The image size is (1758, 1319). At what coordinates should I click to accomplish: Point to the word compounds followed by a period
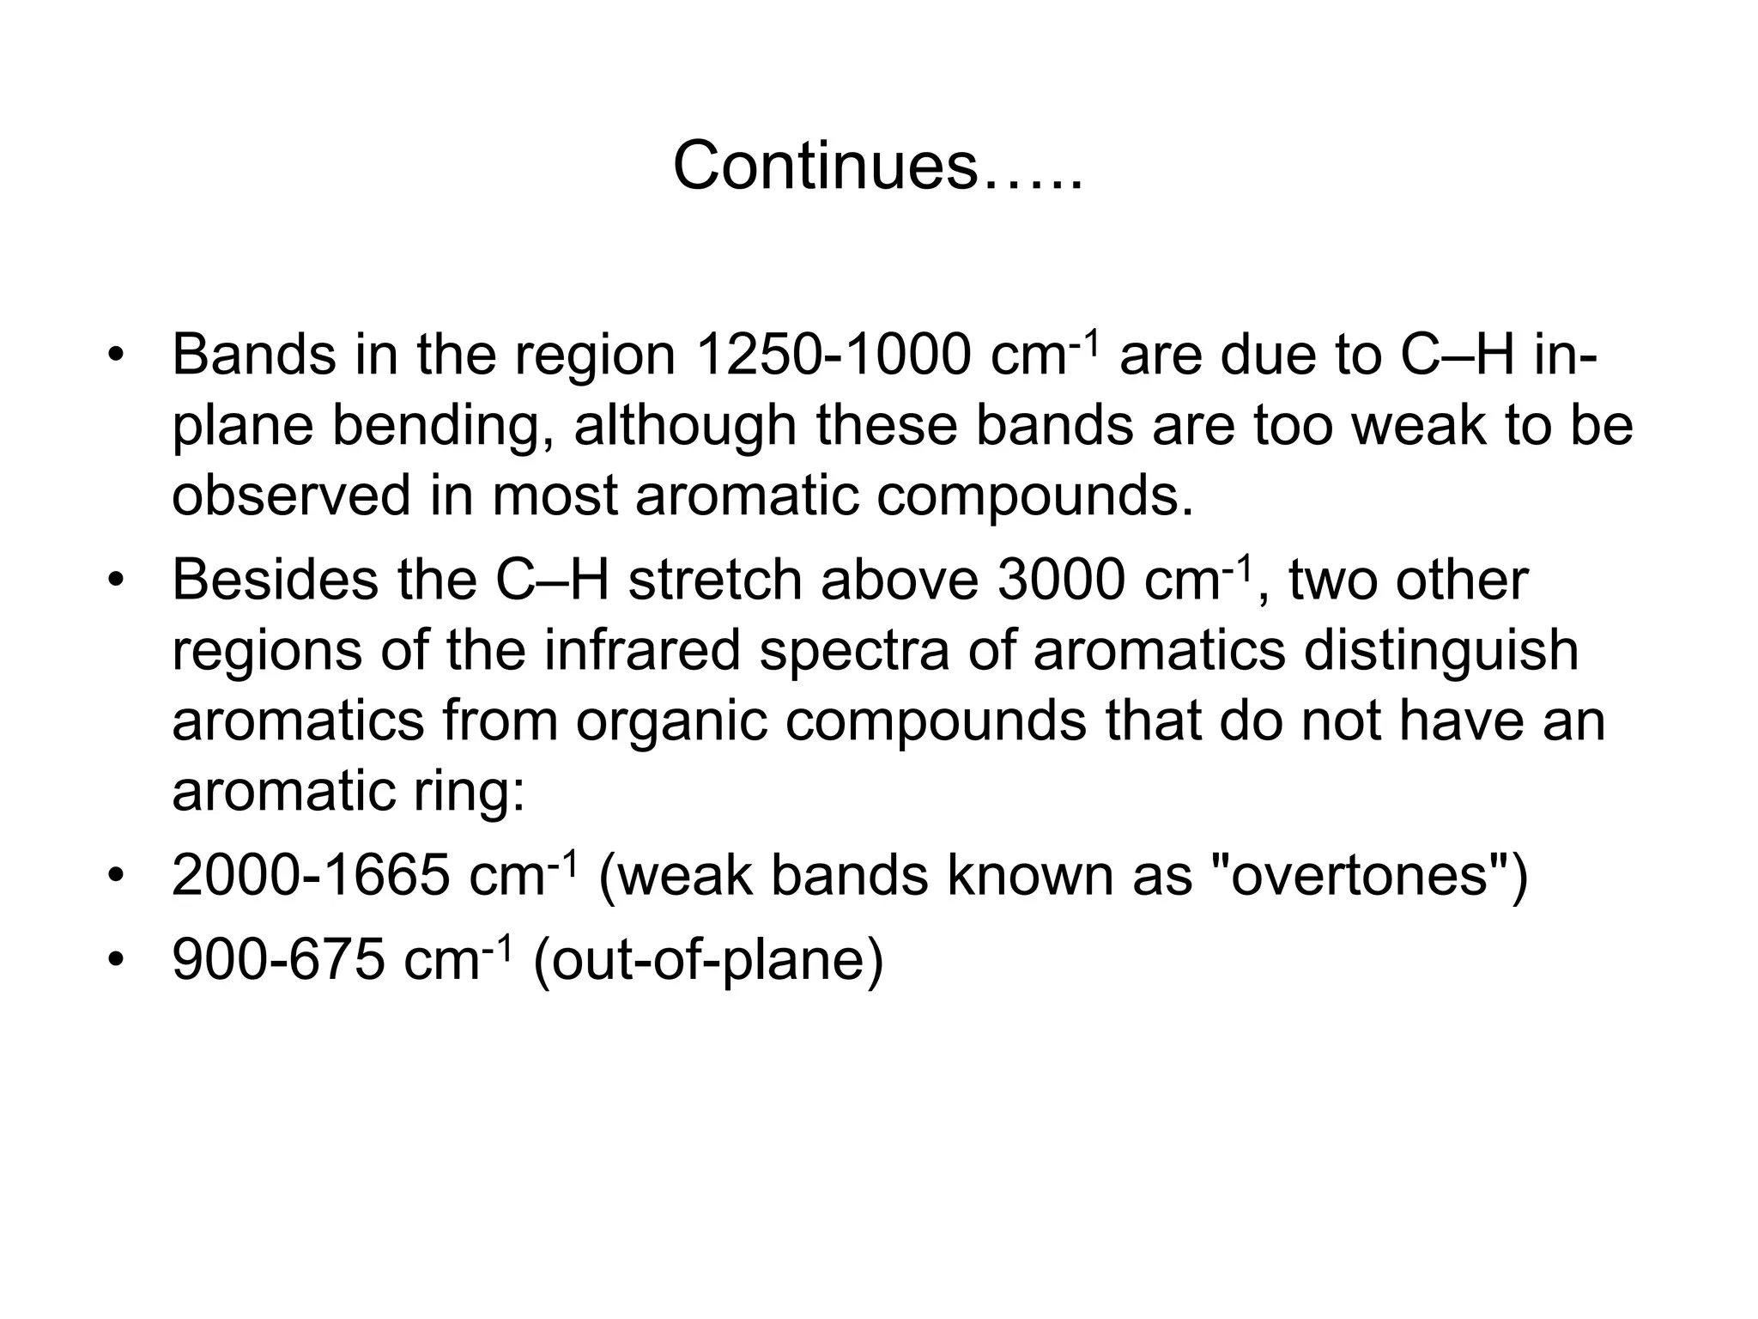[x=1034, y=497]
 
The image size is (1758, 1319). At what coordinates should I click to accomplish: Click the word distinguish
[x=1441, y=650]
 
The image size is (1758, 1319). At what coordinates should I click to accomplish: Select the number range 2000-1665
[x=311, y=876]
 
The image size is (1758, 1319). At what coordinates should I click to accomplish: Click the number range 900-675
[x=278, y=959]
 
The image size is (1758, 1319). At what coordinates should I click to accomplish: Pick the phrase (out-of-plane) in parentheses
[x=707, y=960]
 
